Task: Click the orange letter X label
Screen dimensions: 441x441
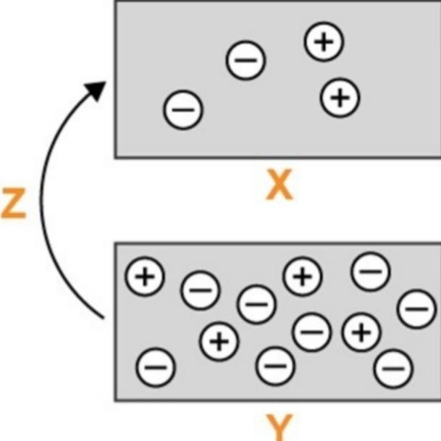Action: pyautogui.click(x=279, y=186)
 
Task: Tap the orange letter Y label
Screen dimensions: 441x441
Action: pyautogui.click(x=279, y=427)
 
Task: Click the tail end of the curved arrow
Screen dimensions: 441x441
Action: pyautogui.click(x=99, y=316)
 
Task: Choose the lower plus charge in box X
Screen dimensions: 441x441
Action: pyautogui.click(x=340, y=96)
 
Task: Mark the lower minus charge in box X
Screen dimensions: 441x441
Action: pyautogui.click(x=183, y=110)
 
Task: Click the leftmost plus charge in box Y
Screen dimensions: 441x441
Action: pyautogui.click(x=145, y=277)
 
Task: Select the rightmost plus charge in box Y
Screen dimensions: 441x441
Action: pyautogui.click(x=361, y=332)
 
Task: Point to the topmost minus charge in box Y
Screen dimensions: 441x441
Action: pyautogui.click(x=371, y=272)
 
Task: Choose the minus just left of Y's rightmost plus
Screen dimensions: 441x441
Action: pyautogui.click(x=312, y=332)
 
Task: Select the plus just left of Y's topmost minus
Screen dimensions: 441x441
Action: pyautogui.click(x=302, y=276)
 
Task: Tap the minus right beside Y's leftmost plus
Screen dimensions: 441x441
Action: pyautogui.click(x=199, y=290)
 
